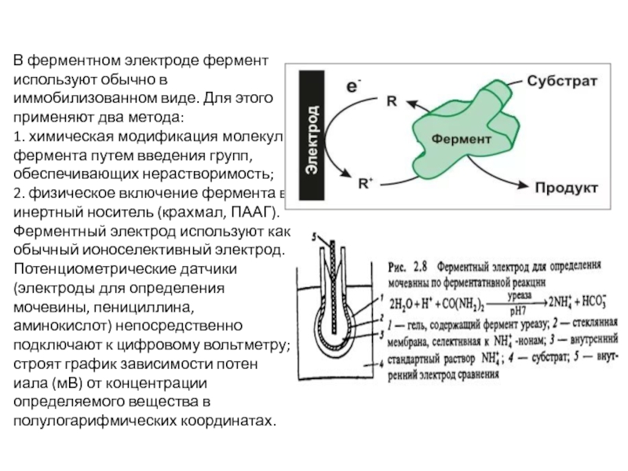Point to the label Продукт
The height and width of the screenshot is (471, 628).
(x=567, y=188)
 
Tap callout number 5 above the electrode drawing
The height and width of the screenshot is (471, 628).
(x=315, y=234)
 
